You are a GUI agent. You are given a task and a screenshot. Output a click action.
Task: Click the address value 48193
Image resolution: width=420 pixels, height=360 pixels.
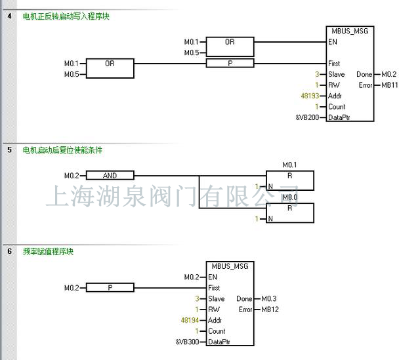click(310, 96)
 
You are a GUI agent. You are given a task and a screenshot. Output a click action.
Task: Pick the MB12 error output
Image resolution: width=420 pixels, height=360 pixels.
click(270, 310)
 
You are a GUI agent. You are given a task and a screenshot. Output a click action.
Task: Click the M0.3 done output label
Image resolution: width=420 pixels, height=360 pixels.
click(269, 299)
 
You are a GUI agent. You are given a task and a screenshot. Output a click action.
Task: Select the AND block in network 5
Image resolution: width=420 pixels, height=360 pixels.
click(110, 176)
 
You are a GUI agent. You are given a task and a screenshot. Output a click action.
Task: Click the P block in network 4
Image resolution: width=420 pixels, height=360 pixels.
click(230, 64)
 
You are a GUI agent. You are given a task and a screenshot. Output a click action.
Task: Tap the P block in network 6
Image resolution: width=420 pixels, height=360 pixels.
click(110, 288)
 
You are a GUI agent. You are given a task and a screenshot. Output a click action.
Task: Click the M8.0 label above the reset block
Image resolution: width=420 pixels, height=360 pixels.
click(289, 197)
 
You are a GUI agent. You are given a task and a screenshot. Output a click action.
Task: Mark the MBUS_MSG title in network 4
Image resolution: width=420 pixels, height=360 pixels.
click(350, 31)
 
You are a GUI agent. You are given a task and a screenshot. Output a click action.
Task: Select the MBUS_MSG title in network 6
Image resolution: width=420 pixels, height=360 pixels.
click(230, 266)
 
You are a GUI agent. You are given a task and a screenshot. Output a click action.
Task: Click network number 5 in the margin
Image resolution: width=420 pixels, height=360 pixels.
click(9, 150)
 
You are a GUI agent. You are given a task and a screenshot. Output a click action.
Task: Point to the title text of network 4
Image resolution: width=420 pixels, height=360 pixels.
click(66, 16)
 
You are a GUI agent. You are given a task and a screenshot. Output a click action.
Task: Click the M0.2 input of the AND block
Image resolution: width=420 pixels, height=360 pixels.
click(71, 176)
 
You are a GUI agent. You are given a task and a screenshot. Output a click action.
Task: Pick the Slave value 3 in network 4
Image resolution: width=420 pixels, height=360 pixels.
click(317, 74)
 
